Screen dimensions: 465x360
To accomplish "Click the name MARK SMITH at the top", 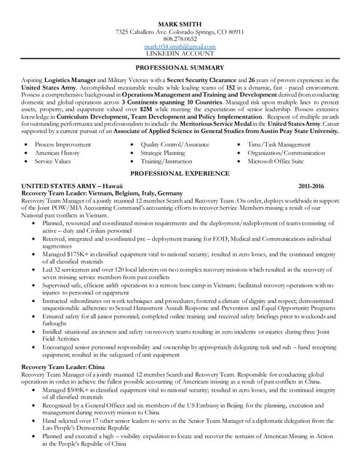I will pos(180,24).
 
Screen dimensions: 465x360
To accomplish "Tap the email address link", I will pos(180,46).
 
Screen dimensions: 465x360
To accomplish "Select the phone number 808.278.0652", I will pos(180,39).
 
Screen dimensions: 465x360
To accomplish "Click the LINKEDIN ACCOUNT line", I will pos(180,54).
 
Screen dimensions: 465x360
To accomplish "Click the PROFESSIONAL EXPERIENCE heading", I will pos(180,174).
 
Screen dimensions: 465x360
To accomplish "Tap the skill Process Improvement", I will pos(63,145).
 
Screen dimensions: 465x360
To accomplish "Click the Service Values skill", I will pos(55,161).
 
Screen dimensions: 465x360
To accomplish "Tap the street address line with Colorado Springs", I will pos(180,32).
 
